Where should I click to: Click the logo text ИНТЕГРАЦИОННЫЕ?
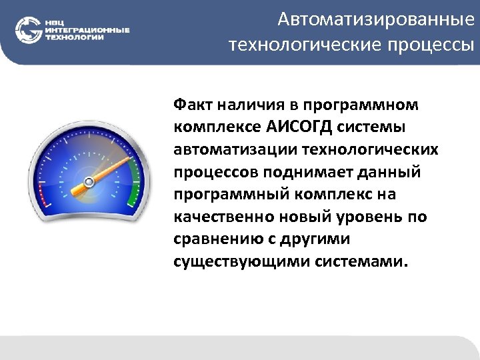coord(87,30)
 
